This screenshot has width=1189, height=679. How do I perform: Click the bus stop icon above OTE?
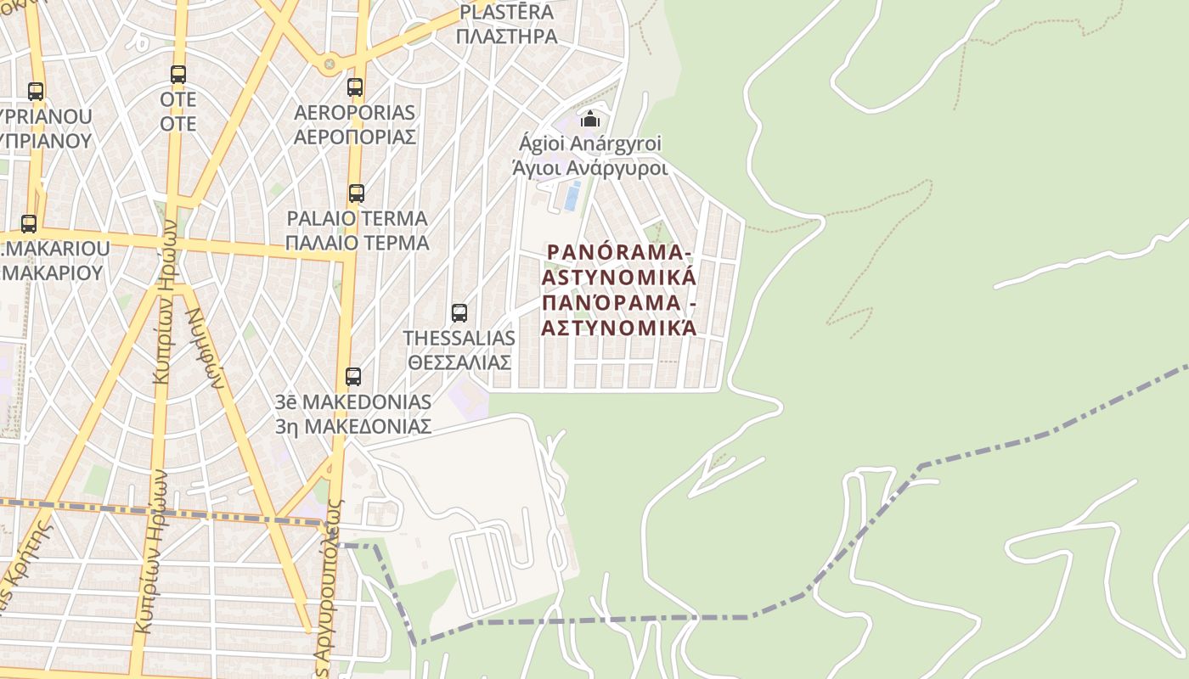(x=178, y=75)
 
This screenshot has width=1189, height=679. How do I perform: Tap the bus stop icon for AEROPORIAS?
(x=355, y=87)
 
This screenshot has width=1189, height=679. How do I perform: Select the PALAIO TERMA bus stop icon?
(x=357, y=194)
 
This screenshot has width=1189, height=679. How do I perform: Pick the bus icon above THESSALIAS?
(x=459, y=313)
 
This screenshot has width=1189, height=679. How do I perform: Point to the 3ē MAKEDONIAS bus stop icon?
(x=353, y=377)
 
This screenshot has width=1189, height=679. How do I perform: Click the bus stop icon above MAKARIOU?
(x=29, y=224)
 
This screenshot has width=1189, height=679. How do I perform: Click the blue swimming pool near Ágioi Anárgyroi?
(x=572, y=196)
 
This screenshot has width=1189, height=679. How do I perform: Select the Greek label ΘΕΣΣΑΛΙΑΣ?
(x=459, y=362)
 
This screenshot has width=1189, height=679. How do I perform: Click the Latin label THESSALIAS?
(x=459, y=338)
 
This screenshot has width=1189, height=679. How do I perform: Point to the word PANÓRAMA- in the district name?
(x=619, y=252)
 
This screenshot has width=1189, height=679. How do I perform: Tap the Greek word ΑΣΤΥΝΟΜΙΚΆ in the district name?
(x=619, y=328)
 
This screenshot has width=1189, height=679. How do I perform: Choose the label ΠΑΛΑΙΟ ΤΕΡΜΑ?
(x=357, y=243)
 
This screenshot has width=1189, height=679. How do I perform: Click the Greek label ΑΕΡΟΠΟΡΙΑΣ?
(x=354, y=137)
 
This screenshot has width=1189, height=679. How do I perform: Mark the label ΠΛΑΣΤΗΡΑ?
(x=506, y=36)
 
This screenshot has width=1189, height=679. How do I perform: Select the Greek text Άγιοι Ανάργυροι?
(x=590, y=168)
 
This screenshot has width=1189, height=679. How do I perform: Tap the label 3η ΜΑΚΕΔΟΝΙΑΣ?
(x=353, y=426)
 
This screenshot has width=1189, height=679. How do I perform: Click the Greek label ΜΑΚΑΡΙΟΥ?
(x=53, y=273)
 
